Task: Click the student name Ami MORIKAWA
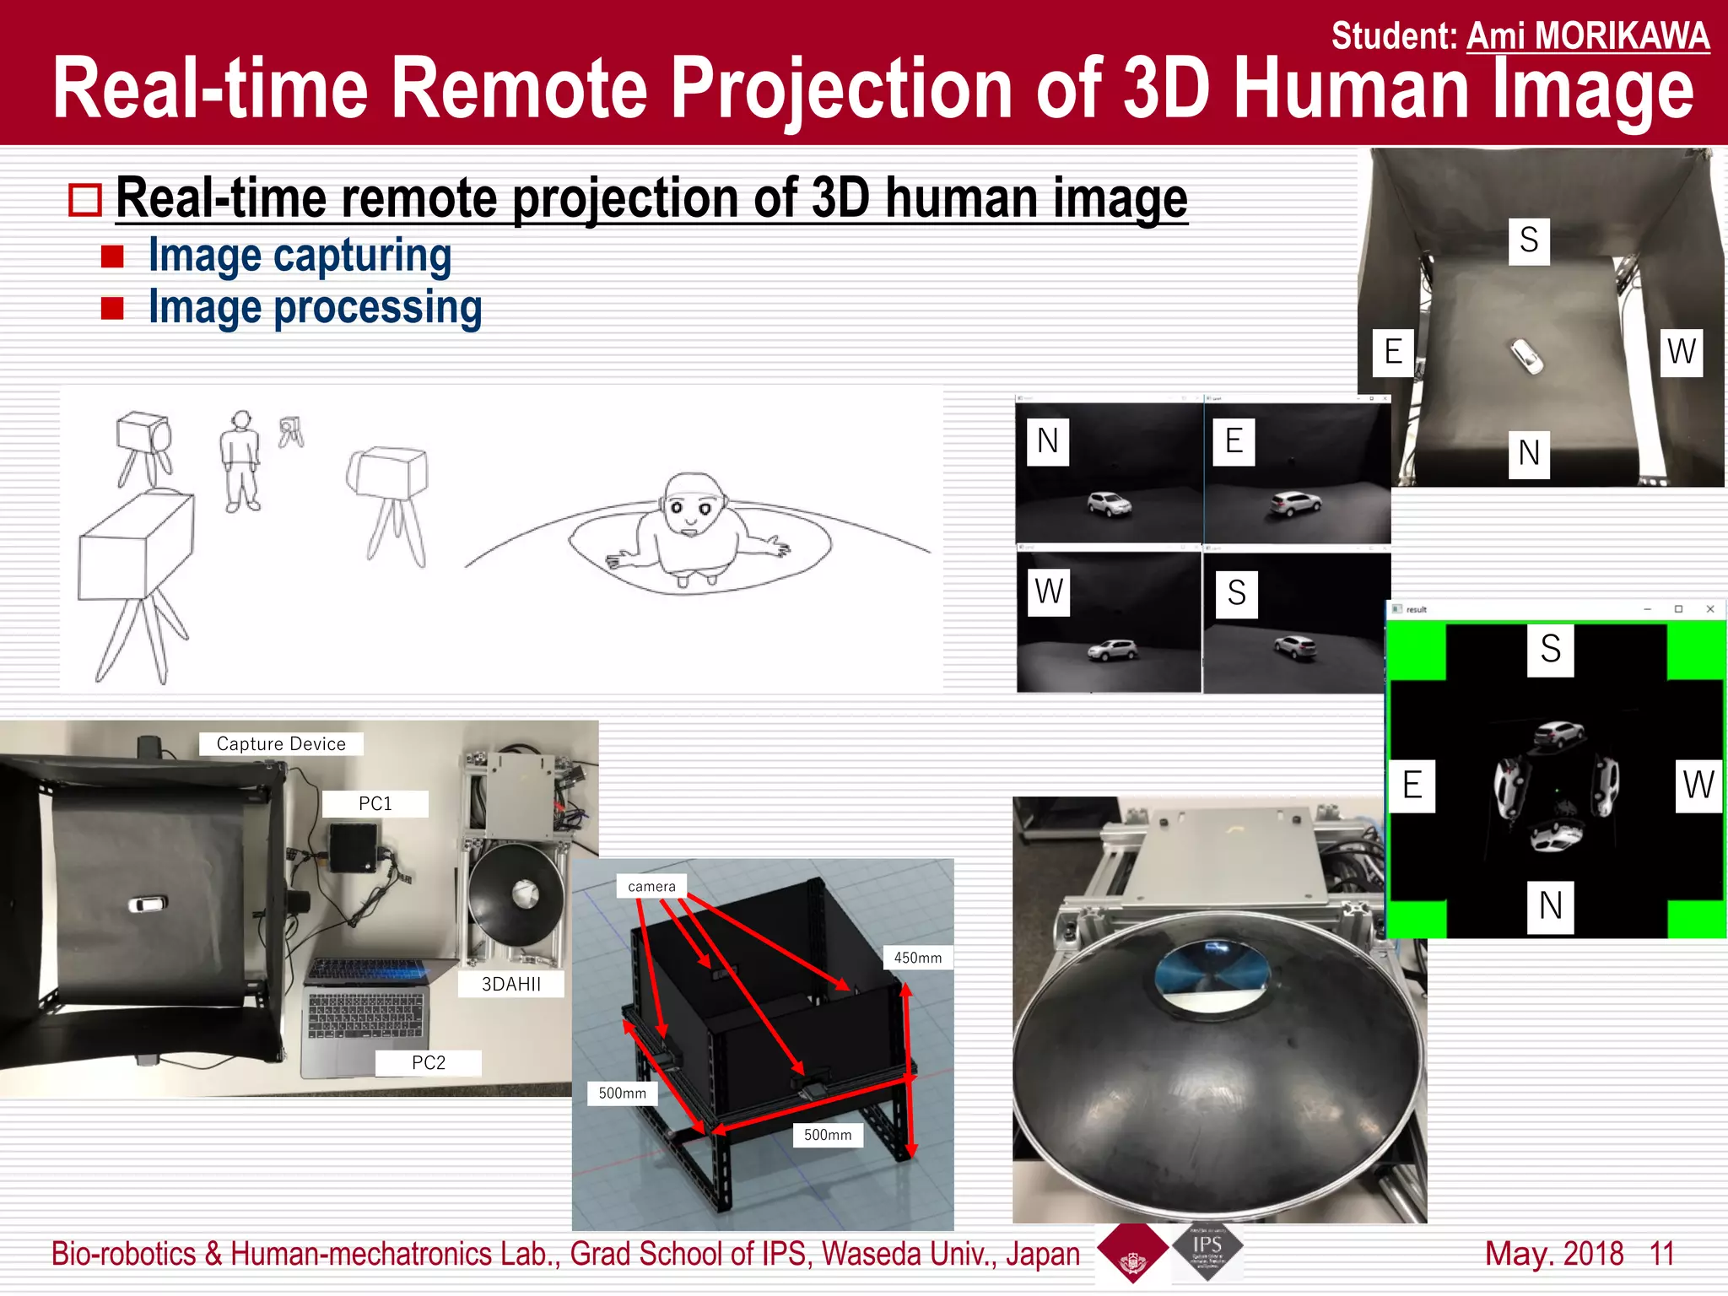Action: (x=1587, y=35)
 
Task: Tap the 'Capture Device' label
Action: (x=281, y=743)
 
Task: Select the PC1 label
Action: (x=375, y=803)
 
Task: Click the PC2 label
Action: (x=429, y=1062)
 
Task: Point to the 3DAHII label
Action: (x=511, y=984)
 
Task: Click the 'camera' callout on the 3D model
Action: (x=651, y=886)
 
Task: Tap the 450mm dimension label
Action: (x=918, y=958)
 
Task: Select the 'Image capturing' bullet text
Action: (x=300, y=255)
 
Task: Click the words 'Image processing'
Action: (x=315, y=306)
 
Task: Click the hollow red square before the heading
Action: (x=85, y=201)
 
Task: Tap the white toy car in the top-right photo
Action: (x=1526, y=356)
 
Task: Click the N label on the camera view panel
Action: (x=1048, y=441)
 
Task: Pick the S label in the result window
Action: (x=1550, y=649)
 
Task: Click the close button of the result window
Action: (x=1709, y=609)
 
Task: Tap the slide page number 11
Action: (x=1661, y=1254)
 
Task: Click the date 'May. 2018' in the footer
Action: (x=1553, y=1254)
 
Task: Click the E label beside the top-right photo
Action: (x=1393, y=351)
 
